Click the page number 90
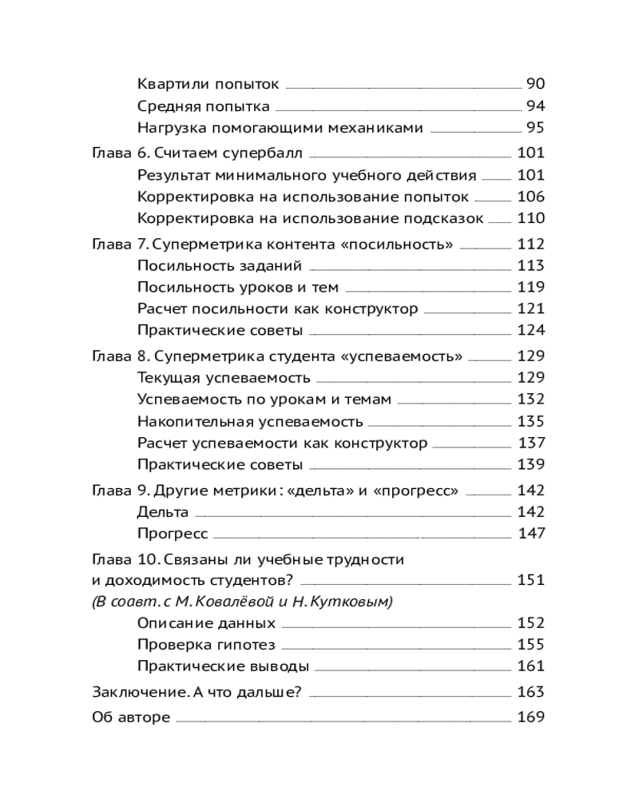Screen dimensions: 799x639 pos(535,84)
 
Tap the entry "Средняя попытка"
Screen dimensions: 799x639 pos(203,106)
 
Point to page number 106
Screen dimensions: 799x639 pos(530,197)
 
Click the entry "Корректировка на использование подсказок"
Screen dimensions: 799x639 pos(311,218)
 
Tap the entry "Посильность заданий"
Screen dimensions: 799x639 pos(220,266)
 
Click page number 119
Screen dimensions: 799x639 pos(530,288)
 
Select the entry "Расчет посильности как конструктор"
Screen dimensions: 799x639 pos(277,309)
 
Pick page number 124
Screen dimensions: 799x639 pos(530,331)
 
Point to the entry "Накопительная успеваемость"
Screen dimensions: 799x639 pos(250,421)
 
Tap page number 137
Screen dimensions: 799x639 pos(531,443)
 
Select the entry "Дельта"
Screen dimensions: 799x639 pos(163,512)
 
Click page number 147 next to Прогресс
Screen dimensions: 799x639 pos(531,534)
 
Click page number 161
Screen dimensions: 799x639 pos(530,666)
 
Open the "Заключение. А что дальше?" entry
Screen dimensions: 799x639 pos(201,692)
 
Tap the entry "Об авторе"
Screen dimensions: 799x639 pos(132,718)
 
